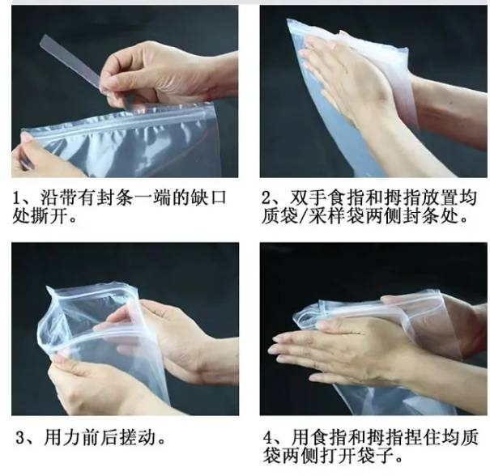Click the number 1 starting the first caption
[16, 198]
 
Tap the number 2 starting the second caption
[266, 198]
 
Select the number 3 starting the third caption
[20, 438]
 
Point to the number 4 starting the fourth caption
[268, 438]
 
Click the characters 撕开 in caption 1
[49, 215]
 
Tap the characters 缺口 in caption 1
[210, 198]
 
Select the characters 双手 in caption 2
[309, 198]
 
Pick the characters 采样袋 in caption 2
[335, 216]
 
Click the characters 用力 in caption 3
[62, 438]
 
